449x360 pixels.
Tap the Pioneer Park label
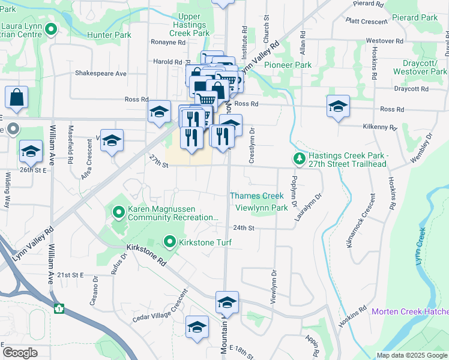pos(288,65)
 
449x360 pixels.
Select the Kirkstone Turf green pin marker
pos(170,242)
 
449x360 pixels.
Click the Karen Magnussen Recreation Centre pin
pos(118,211)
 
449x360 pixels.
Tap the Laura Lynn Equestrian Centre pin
pos(51,28)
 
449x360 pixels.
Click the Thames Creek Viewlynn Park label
pos(257,202)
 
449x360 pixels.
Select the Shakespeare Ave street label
pos(101,73)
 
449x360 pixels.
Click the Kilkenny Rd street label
pos(380,128)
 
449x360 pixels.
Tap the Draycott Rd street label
pos(411,89)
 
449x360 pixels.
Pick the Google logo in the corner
pos(20,353)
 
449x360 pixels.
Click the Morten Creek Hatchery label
pos(410,311)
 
